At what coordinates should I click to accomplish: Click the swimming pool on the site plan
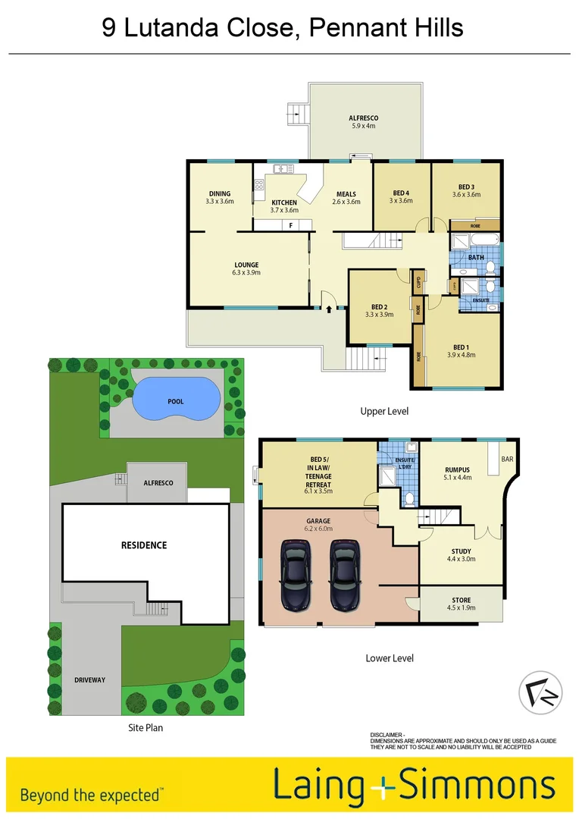point(177,400)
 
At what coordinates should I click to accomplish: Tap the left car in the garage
point(296,574)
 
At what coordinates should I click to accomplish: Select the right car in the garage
point(345,574)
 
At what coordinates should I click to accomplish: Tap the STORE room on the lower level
point(461,600)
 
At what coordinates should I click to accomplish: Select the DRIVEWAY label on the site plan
point(90,679)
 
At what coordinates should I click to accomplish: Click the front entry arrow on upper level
point(328,307)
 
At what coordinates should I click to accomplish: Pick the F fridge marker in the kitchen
point(289,225)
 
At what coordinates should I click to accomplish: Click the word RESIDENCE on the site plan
point(145,545)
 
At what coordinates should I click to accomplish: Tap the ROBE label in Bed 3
point(474,225)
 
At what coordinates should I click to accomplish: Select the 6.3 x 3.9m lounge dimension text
point(246,273)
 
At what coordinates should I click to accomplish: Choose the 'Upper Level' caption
point(384,411)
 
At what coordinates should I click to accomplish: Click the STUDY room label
point(461,551)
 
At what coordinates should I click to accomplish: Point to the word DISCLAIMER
point(387,736)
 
